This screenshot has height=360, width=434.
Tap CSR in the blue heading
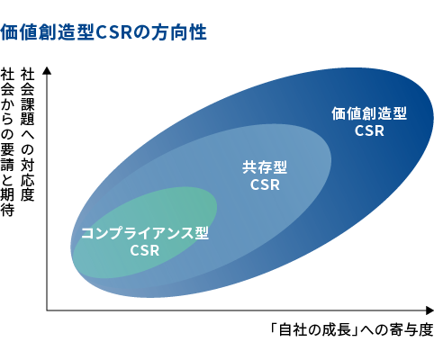(x=114, y=32)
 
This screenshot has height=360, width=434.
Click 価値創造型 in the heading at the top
(x=48, y=32)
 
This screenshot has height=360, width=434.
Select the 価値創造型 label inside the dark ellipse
(x=369, y=113)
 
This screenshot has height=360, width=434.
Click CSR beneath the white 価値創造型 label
(x=369, y=130)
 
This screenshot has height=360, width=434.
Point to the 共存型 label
(x=265, y=167)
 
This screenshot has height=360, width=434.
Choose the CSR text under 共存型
(x=265, y=184)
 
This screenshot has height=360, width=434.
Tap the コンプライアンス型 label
(x=145, y=233)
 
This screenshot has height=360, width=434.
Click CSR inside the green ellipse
(x=145, y=250)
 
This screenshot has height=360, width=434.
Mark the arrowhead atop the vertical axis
(x=47, y=70)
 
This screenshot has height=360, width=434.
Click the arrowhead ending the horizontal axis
(x=429, y=310)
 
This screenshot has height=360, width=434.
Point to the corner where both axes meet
(x=47, y=310)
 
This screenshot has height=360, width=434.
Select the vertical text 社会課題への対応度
(x=27, y=134)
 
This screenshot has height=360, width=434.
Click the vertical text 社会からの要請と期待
(x=7, y=142)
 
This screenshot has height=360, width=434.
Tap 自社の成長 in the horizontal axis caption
(x=315, y=330)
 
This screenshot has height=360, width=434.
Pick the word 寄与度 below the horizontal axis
(x=411, y=330)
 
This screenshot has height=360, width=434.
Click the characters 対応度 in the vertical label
(x=27, y=180)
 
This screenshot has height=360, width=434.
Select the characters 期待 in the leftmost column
(x=7, y=202)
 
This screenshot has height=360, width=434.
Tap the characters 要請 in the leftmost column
(x=7, y=157)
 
